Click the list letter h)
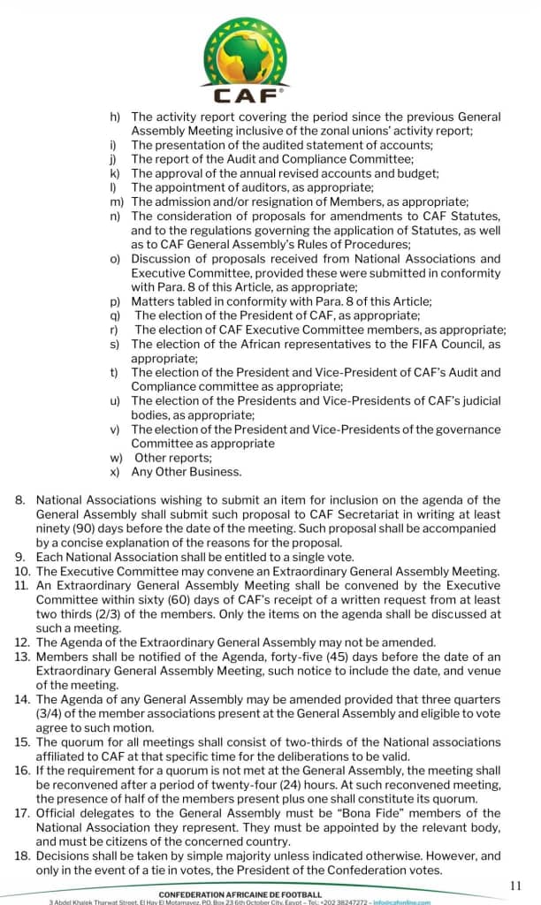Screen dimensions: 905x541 pyautogui.click(x=115, y=117)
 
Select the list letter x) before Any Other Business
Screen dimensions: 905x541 pyautogui.click(x=115, y=471)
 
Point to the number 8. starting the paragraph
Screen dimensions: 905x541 pyautogui.click(x=20, y=500)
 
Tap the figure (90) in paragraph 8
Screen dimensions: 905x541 pyautogui.click(x=88, y=529)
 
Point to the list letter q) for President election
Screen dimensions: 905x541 pyautogui.click(x=115, y=316)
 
